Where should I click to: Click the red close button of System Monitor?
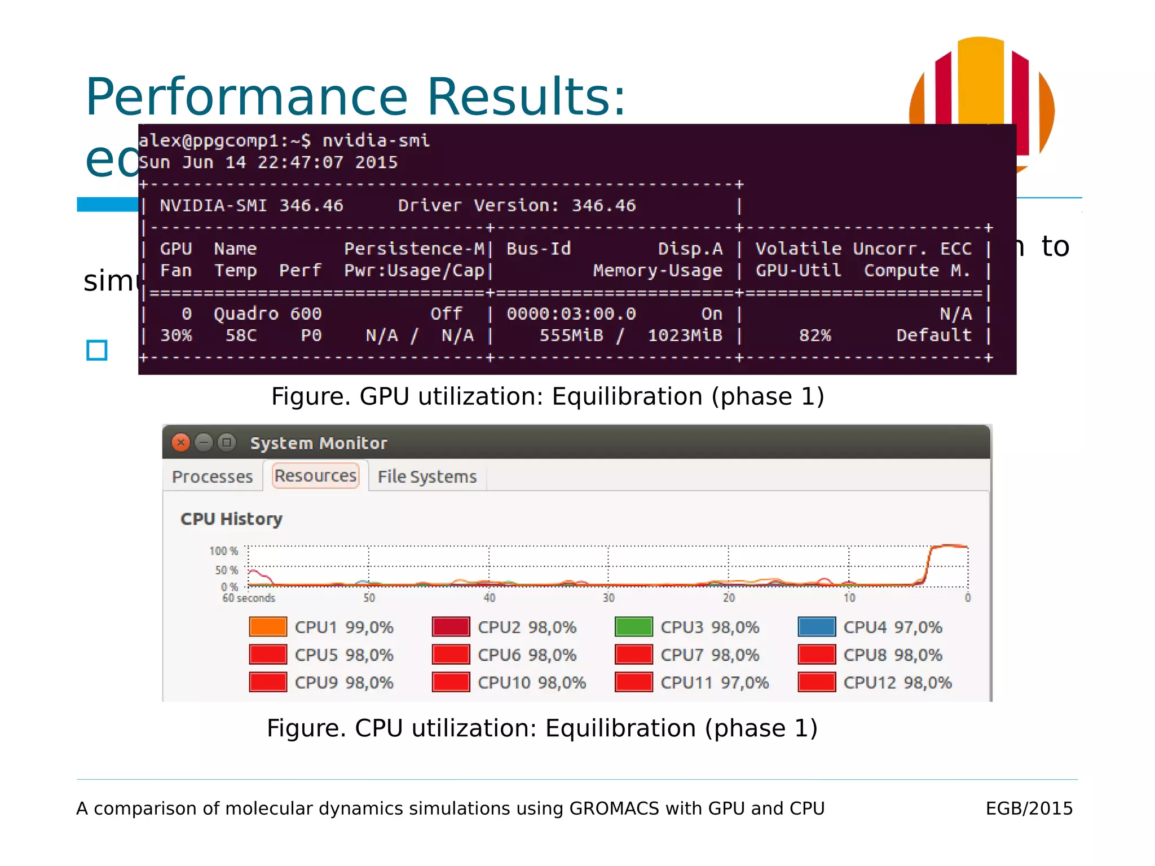click(x=180, y=443)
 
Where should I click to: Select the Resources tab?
click(x=315, y=476)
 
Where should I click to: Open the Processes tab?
click(x=212, y=477)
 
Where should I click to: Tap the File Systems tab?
click(x=427, y=477)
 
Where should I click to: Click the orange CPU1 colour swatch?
click(x=268, y=627)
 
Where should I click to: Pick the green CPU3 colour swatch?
click(x=633, y=627)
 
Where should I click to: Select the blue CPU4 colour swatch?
click(x=816, y=627)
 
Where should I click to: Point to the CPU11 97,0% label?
click(x=714, y=683)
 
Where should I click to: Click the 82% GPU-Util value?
click(x=814, y=336)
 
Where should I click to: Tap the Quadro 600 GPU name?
click(x=267, y=314)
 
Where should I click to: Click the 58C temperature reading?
click(x=241, y=336)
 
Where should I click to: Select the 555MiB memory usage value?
click(x=571, y=336)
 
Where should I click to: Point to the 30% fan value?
click(x=176, y=336)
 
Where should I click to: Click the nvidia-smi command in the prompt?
click(x=376, y=140)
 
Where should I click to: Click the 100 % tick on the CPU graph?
click(x=223, y=551)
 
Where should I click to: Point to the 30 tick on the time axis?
click(x=608, y=598)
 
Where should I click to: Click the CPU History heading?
click(x=231, y=519)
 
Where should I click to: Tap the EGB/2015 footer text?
click(x=1029, y=808)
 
